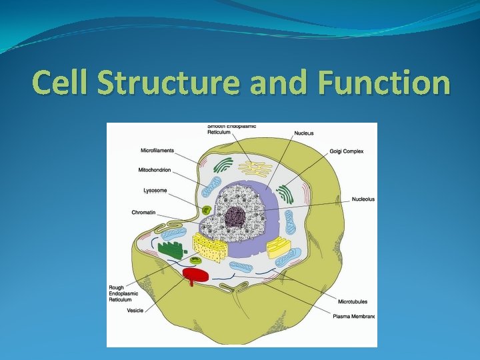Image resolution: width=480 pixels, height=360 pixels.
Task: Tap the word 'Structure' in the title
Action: [168, 83]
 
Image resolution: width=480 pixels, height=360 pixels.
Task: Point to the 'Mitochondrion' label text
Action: [155, 170]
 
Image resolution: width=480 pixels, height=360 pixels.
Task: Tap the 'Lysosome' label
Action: [155, 191]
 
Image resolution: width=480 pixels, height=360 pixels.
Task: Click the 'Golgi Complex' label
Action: [347, 151]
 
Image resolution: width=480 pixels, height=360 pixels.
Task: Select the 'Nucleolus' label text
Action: [363, 199]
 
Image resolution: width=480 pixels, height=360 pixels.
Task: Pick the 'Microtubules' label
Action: [353, 302]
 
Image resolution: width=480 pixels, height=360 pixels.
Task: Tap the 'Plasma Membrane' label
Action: [354, 316]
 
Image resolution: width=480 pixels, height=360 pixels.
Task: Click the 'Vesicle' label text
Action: [135, 311]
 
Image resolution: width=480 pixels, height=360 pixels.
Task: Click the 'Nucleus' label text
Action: [304, 133]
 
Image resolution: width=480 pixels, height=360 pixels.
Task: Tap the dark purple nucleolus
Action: [235, 216]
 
